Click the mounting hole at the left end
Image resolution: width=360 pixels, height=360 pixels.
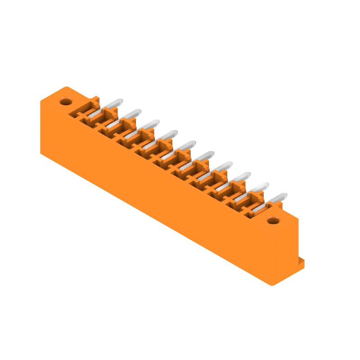click(66, 102)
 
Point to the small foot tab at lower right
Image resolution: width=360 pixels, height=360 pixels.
click(300, 264)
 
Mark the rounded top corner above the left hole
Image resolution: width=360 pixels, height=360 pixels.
click(66, 88)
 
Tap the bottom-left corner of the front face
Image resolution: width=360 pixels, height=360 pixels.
click(41, 153)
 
